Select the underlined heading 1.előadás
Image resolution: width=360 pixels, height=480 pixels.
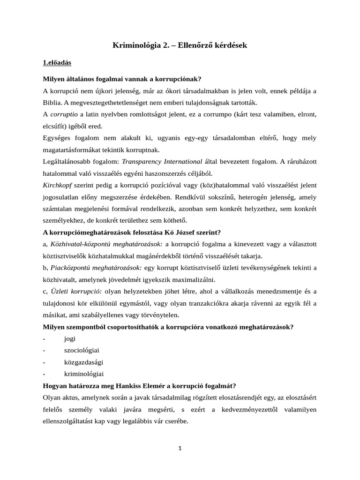tap(57, 62)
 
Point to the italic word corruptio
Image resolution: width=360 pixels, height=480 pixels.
tap(63, 114)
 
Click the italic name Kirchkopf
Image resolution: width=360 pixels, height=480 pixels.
tap(59, 185)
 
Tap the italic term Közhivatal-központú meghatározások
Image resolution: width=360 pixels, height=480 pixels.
tap(106, 244)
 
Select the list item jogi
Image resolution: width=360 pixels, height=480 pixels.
tap(70, 338)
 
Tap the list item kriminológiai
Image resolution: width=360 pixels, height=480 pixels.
tap(83, 374)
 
